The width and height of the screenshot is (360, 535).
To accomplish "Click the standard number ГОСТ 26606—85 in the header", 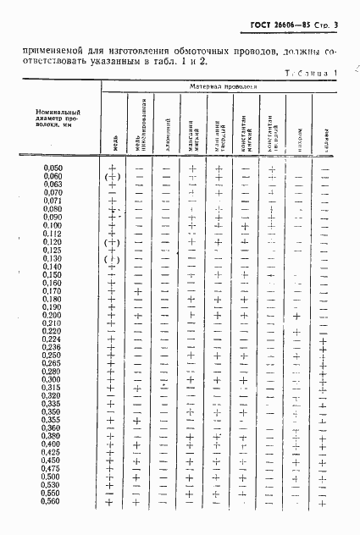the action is click(275, 29).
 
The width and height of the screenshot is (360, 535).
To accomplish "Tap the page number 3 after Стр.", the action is click(335, 29).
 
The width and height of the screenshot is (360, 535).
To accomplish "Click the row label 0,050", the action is click(53, 168).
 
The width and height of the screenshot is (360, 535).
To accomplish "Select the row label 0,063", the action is click(53, 185).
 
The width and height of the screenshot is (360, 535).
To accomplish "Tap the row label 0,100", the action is click(53, 225).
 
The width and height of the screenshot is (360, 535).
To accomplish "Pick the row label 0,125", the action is click(53, 250).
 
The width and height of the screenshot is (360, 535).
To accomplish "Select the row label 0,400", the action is click(53, 444).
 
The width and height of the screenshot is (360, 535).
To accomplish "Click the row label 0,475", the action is click(53, 468).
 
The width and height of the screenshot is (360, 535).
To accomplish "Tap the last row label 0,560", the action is click(53, 501).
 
